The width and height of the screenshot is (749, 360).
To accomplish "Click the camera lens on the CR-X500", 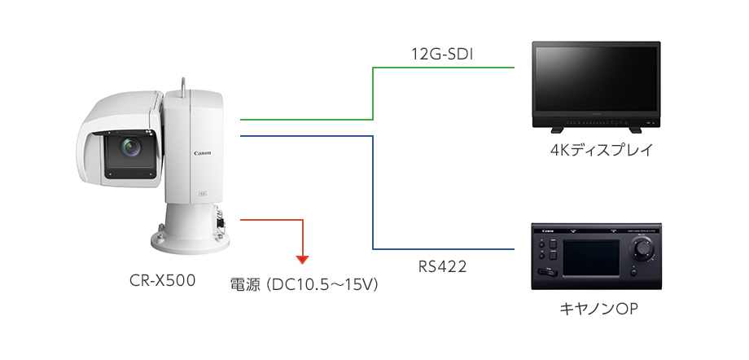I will tap(129, 147).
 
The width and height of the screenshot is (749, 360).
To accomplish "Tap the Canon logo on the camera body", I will tap(203, 152).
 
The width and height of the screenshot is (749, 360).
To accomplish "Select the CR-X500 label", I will tap(163, 282).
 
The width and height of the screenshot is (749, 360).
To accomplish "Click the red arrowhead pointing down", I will tap(303, 259).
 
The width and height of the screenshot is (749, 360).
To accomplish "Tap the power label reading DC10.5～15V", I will tap(305, 286).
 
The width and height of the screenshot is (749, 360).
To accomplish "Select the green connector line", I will tap(373, 94).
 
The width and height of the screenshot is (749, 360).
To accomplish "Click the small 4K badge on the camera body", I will tap(202, 194).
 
